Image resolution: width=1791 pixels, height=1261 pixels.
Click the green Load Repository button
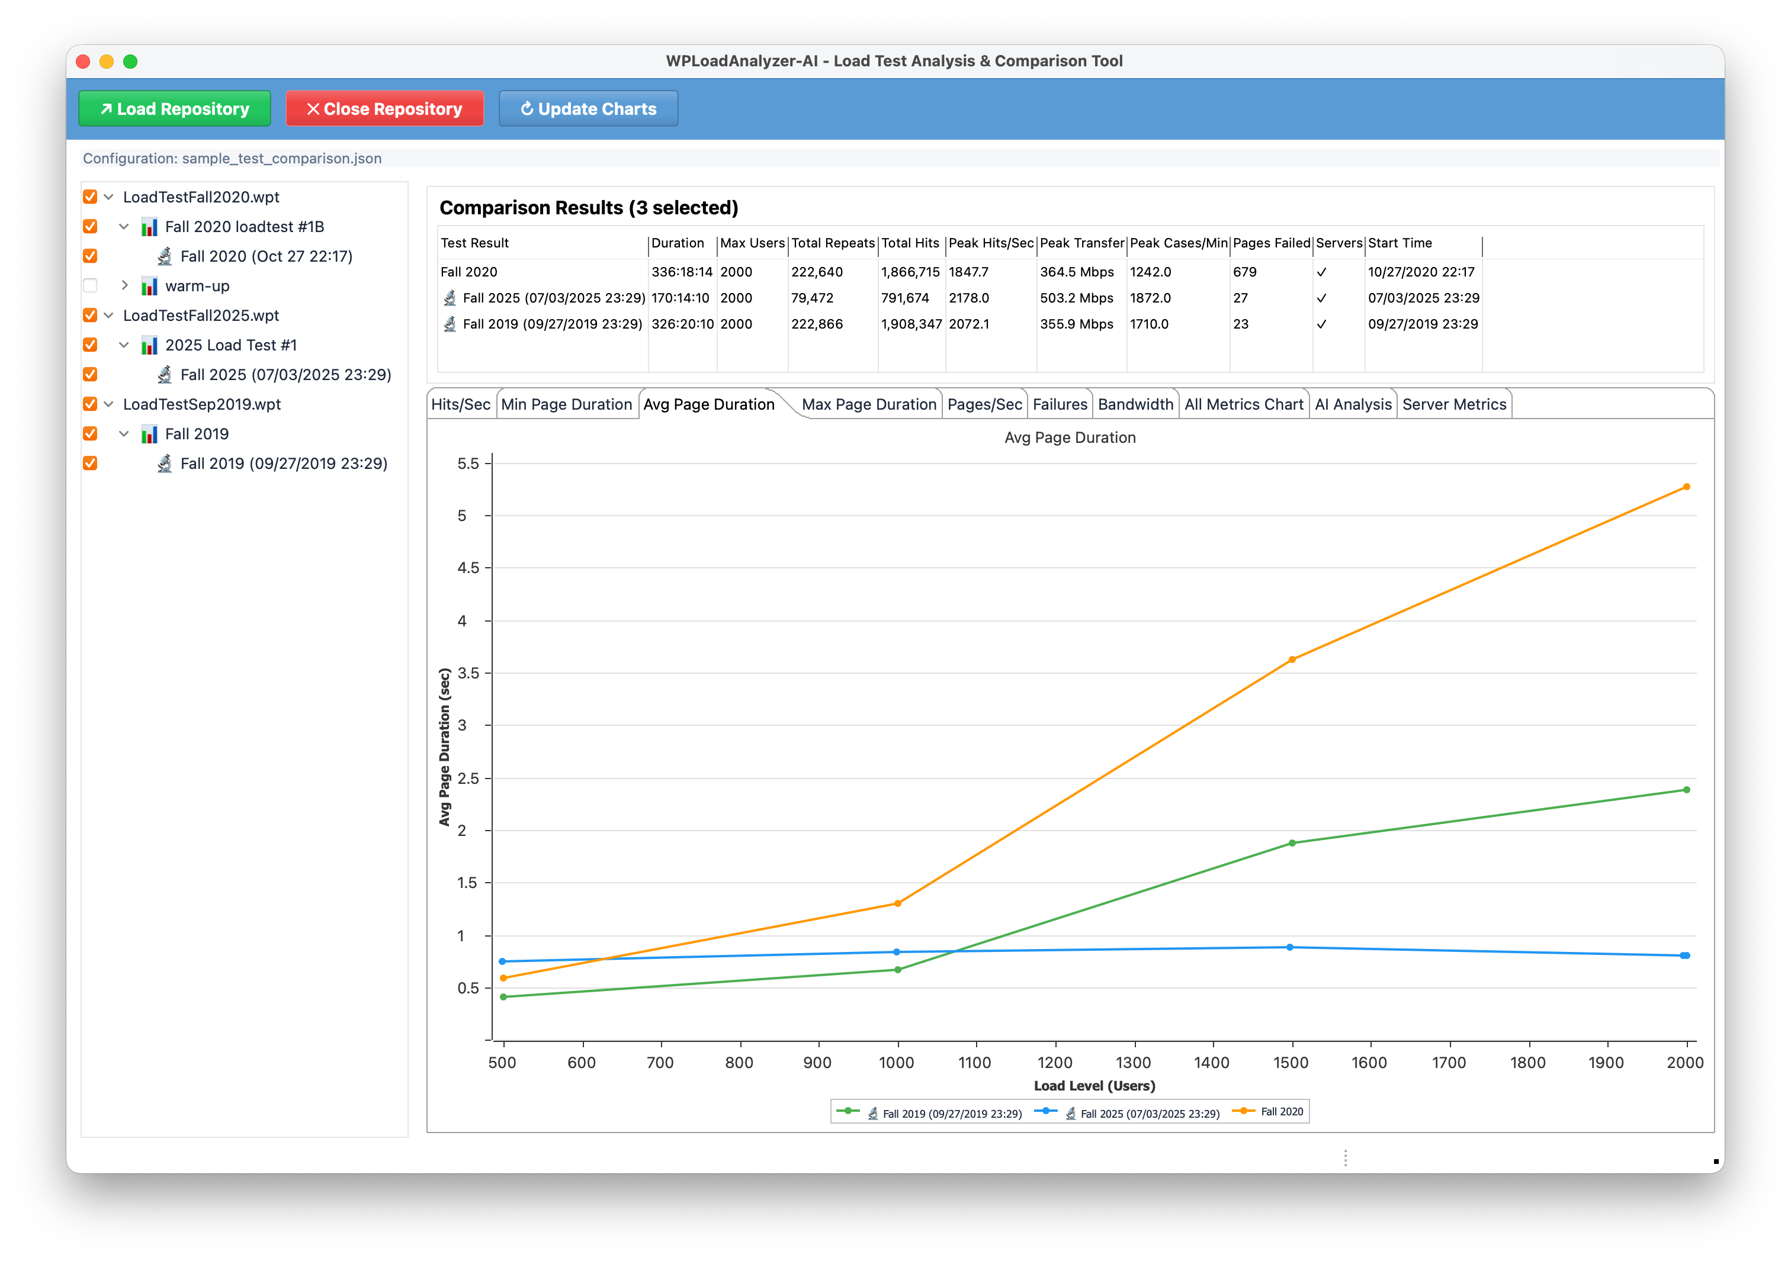click(x=175, y=108)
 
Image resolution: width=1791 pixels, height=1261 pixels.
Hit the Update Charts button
click(x=588, y=108)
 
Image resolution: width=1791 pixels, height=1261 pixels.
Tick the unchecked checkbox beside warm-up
click(x=91, y=285)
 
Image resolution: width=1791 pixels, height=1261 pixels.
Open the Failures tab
click(x=1060, y=404)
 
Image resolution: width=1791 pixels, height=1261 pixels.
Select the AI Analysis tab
click(x=1353, y=404)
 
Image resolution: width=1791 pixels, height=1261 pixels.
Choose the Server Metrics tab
click(x=1454, y=404)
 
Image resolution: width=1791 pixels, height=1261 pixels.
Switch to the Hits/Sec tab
click(x=461, y=404)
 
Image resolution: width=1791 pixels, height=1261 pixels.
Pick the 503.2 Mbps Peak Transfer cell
click(x=1077, y=298)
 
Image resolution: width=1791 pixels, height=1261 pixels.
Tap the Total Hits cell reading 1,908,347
click(x=911, y=324)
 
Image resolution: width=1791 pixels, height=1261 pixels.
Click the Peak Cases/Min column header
click(x=1179, y=243)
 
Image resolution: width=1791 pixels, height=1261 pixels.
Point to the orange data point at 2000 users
click(x=1687, y=487)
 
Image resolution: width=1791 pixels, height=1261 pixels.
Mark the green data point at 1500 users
click(x=1292, y=843)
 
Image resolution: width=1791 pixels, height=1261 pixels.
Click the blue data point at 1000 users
click(x=897, y=952)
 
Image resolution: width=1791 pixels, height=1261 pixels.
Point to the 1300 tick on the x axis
click(x=1134, y=1062)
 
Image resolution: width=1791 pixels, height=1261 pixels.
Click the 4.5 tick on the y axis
click(x=468, y=568)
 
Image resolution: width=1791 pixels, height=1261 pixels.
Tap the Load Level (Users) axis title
click(x=1094, y=1086)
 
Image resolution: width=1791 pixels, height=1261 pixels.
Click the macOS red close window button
click(x=84, y=62)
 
